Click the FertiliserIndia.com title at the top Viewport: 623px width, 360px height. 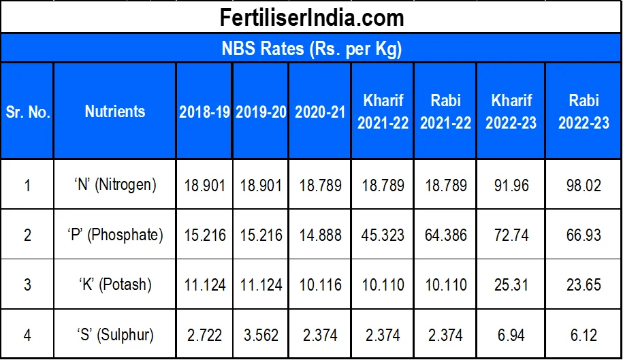(311, 17)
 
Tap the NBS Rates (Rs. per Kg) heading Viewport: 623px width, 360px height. (311, 49)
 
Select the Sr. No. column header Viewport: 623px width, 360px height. (28, 112)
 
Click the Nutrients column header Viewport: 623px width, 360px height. (115, 112)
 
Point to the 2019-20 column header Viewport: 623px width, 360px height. (261, 112)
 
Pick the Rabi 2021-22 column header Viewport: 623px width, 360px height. (446, 112)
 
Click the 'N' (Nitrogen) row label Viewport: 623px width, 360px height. (115, 184)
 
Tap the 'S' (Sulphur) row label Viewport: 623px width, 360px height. (115, 335)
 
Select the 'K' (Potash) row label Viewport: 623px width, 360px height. (115, 284)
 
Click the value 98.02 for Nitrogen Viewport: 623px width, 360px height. (584, 184)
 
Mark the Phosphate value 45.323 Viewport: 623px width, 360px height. (383, 235)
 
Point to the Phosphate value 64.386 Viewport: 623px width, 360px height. (446, 235)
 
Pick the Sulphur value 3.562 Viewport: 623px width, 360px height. (261, 335)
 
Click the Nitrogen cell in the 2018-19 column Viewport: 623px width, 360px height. (204, 184)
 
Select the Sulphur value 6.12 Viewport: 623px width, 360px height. (584, 335)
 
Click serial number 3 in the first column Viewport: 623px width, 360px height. (28, 284)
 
